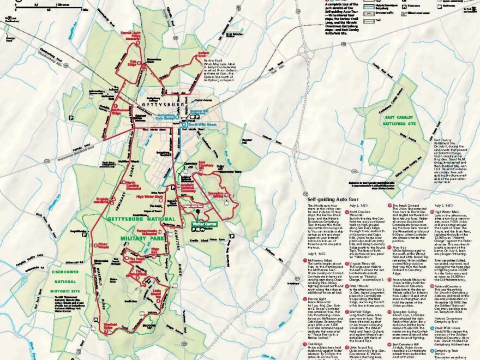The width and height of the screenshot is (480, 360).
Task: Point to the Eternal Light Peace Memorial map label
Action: coord(130,36)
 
